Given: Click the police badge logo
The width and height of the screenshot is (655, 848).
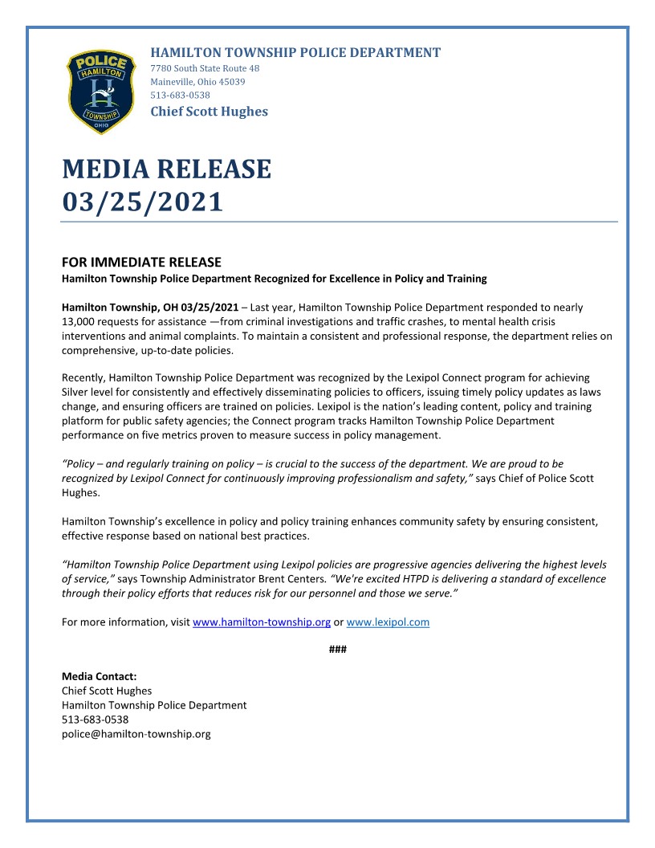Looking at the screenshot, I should click(101, 92).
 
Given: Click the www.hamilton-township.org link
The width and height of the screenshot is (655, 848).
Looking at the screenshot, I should click(262, 622).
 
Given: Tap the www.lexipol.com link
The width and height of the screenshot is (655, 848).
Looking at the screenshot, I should click(388, 622).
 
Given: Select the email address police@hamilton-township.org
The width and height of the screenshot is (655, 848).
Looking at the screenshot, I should click(136, 734).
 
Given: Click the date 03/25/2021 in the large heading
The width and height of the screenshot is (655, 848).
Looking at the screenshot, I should click(142, 202).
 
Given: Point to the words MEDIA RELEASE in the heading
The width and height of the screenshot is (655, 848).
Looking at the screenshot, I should click(166, 169).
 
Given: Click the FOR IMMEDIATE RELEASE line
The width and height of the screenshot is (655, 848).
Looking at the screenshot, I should click(141, 263).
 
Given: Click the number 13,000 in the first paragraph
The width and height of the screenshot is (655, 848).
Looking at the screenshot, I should click(79, 322).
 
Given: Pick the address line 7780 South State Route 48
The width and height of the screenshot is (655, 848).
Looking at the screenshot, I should click(205, 68).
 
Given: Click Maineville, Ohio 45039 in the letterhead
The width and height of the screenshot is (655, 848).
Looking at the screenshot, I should click(197, 82).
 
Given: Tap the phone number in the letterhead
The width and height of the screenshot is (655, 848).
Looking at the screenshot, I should click(181, 95).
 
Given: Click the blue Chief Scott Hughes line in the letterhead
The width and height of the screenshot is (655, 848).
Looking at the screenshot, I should click(209, 112).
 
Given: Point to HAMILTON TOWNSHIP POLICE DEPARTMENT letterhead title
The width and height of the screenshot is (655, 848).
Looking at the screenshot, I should click(295, 53).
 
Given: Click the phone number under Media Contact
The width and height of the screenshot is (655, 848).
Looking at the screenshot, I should click(95, 720).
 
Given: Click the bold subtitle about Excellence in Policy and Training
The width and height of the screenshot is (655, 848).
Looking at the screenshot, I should click(275, 279).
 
